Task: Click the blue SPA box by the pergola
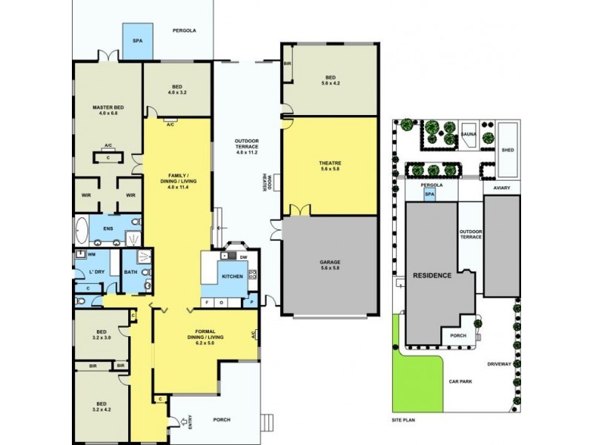(137, 41)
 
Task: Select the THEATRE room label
(331, 165)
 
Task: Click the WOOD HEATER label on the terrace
(268, 182)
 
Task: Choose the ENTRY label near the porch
(191, 423)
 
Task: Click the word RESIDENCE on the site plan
(432, 275)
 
